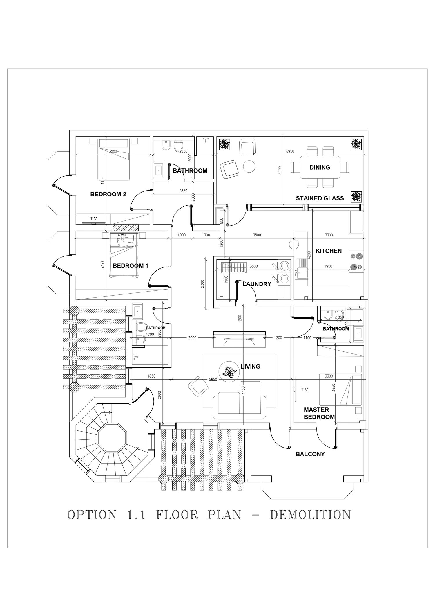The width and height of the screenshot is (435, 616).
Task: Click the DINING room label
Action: point(320,167)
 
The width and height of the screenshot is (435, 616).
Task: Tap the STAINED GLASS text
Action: point(320,198)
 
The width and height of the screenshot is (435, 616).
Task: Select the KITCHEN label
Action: point(328,251)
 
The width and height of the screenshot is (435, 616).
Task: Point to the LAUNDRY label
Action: point(257,284)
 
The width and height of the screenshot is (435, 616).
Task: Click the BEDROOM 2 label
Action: point(108,194)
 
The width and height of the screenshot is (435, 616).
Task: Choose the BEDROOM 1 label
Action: point(130,265)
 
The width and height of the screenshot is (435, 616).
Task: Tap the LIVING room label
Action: point(251,367)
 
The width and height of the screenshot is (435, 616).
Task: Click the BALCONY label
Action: point(310,454)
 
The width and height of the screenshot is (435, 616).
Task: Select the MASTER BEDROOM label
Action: point(319,413)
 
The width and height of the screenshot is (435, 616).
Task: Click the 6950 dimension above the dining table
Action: point(290,151)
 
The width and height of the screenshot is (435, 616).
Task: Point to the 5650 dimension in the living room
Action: point(213,379)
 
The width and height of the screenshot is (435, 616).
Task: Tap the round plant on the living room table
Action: point(229,371)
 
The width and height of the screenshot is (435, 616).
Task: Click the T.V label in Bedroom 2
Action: point(93,219)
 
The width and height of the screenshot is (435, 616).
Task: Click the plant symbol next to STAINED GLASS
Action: point(356,197)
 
